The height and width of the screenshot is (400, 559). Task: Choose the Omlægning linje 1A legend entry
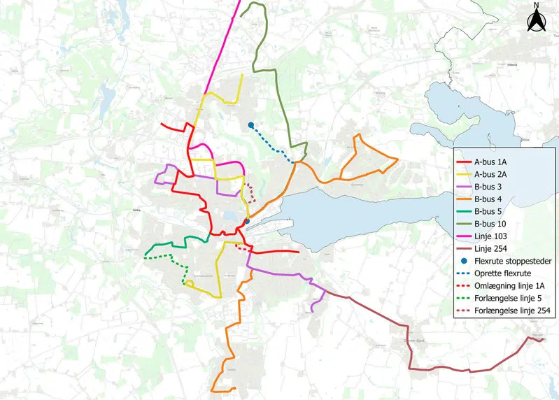(x=509, y=286)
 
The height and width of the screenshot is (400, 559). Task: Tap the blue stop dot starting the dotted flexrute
(x=250, y=125)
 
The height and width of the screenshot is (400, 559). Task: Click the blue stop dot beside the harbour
(x=246, y=222)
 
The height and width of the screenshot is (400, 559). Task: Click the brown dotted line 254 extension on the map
(x=250, y=191)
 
